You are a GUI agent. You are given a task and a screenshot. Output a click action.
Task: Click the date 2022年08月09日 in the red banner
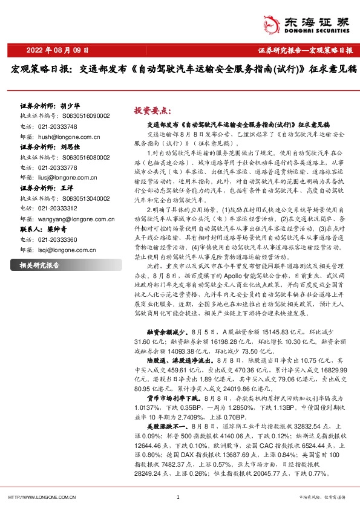59,50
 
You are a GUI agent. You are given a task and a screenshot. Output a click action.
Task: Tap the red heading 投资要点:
152,111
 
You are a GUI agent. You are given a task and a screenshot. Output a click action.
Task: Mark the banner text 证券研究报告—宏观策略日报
309,51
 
